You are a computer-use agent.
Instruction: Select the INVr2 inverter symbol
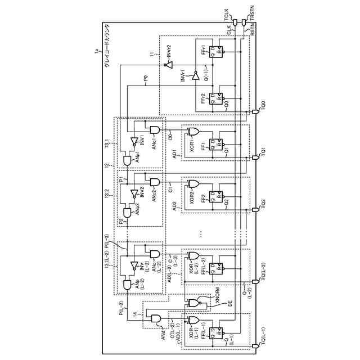(166, 65)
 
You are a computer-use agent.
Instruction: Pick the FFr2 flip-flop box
(214, 99)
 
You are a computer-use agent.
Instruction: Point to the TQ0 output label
(263, 105)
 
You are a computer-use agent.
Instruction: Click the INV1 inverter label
(143, 139)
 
